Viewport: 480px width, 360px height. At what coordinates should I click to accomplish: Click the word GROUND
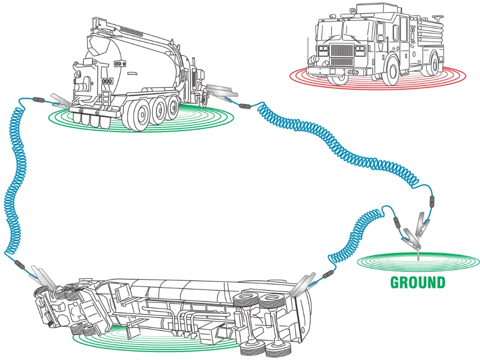click(x=418, y=282)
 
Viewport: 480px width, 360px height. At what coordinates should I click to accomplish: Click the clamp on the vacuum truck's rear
click(x=62, y=101)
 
